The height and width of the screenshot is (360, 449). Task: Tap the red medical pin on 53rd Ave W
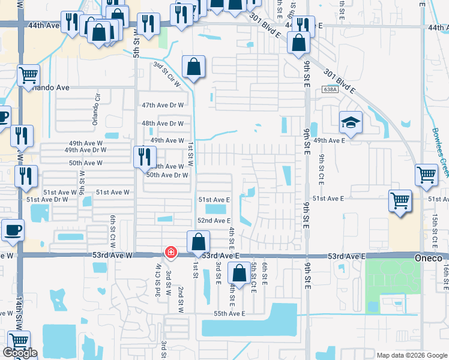point(170,253)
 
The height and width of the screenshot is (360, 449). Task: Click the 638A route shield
point(329,89)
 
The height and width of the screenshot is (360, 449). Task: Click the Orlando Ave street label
point(51,88)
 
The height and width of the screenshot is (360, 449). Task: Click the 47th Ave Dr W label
point(162,105)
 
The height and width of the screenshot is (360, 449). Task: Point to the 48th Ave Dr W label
point(162,124)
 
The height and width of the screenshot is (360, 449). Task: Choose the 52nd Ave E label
point(214,220)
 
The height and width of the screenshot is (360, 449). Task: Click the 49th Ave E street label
point(329,140)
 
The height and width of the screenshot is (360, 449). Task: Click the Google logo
point(20,352)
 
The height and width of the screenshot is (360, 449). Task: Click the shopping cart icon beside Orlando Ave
point(28,76)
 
